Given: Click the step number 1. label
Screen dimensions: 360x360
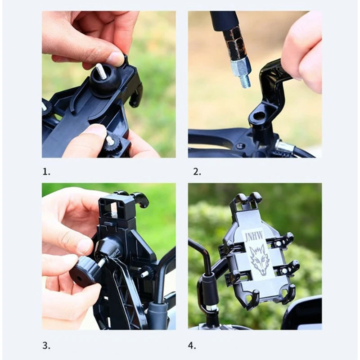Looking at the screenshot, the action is click(x=46, y=172).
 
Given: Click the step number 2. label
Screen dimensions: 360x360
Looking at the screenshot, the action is click(x=197, y=172).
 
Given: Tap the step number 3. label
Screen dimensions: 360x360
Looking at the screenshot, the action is click(x=46, y=346).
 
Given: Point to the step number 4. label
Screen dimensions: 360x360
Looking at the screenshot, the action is click(x=192, y=346).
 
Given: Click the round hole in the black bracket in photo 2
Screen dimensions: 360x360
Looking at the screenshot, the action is click(x=260, y=114).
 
